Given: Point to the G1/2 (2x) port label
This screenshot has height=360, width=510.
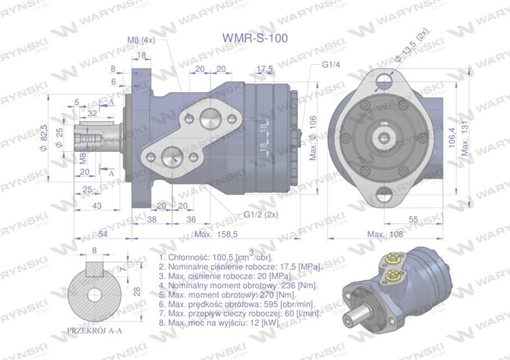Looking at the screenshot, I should (261, 214).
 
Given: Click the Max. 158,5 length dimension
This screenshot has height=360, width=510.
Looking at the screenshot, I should (216, 235).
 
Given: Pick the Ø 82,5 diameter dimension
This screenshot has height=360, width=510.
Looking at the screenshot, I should (45, 134).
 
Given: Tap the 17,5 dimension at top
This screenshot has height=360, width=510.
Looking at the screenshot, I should (265, 69).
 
